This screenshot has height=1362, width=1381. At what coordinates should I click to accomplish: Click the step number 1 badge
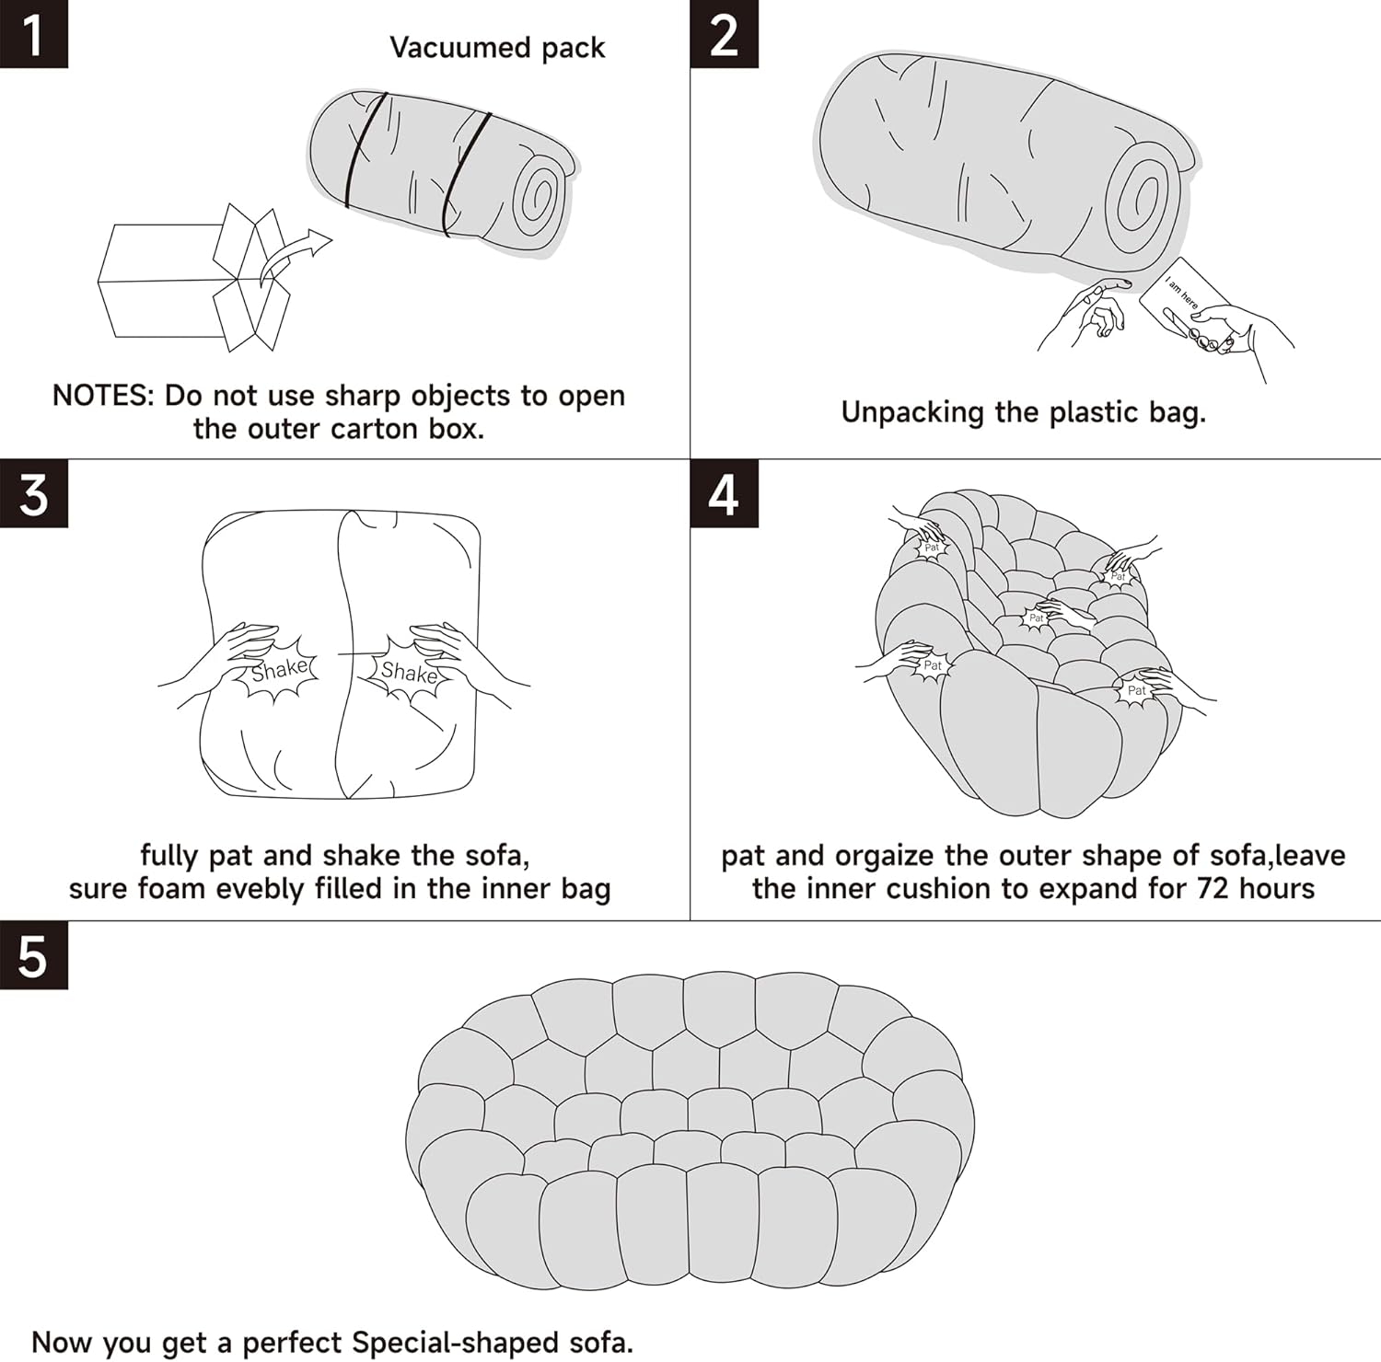[34, 34]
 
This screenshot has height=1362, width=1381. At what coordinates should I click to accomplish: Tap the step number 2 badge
[725, 34]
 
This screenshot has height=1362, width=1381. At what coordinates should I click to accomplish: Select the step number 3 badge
[34, 494]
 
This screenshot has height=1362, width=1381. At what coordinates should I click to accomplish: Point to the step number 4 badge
[725, 494]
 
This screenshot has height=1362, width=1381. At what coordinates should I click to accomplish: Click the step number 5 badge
[34, 955]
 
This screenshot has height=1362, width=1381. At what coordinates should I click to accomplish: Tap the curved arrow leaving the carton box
[293, 256]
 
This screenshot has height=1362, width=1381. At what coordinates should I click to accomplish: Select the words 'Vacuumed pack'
[497, 48]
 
